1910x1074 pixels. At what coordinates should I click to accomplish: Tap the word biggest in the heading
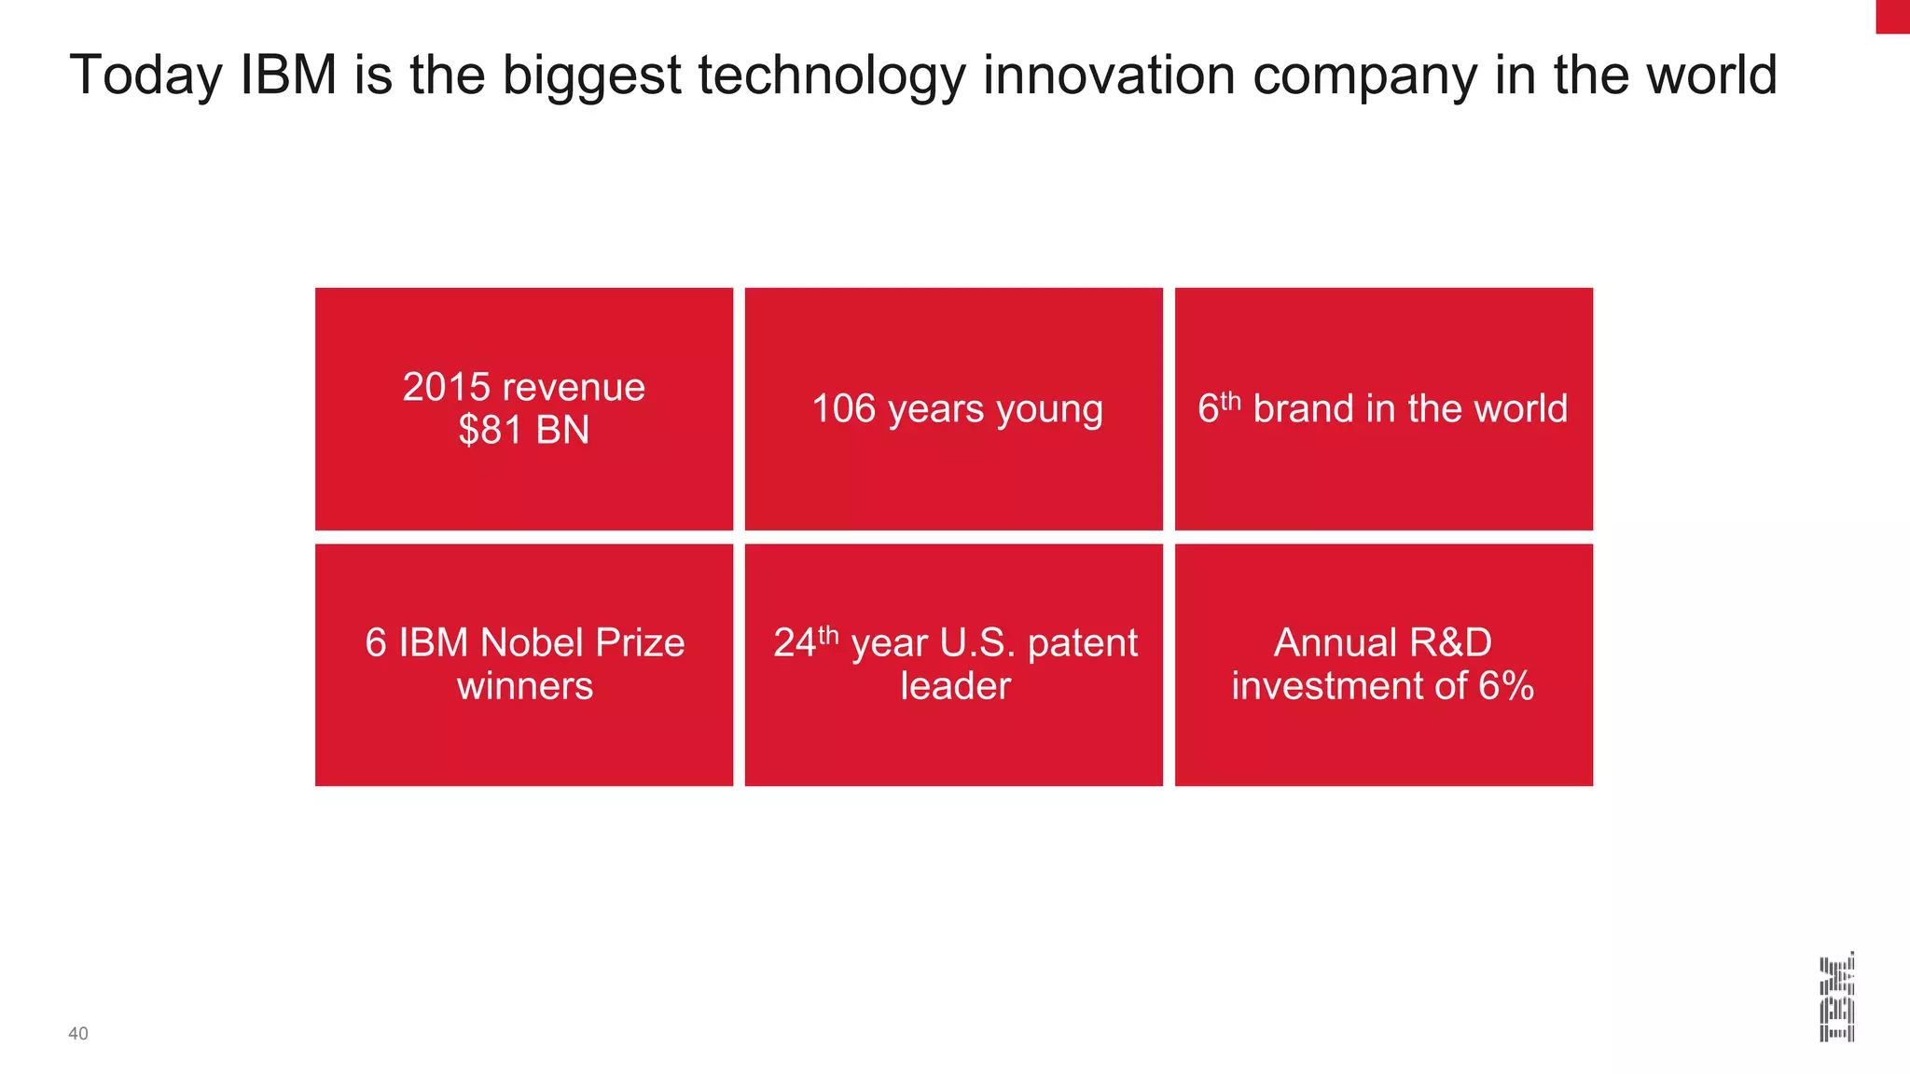[592, 76]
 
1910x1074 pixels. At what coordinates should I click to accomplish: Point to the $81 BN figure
[523, 430]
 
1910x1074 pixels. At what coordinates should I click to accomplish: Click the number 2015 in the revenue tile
[446, 387]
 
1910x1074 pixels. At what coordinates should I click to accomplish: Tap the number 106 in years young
[843, 408]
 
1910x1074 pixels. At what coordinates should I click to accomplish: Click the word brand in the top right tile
[1303, 408]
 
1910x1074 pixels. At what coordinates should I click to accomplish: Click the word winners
[524, 686]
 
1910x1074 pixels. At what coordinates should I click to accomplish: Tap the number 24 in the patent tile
[795, 643]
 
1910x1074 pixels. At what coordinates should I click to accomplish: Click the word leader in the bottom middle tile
[955, 686]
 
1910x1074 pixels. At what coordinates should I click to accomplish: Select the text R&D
[1450, 642]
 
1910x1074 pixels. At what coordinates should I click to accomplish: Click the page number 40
[78, 1033]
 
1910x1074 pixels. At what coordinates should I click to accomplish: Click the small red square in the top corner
[1892, 16]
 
